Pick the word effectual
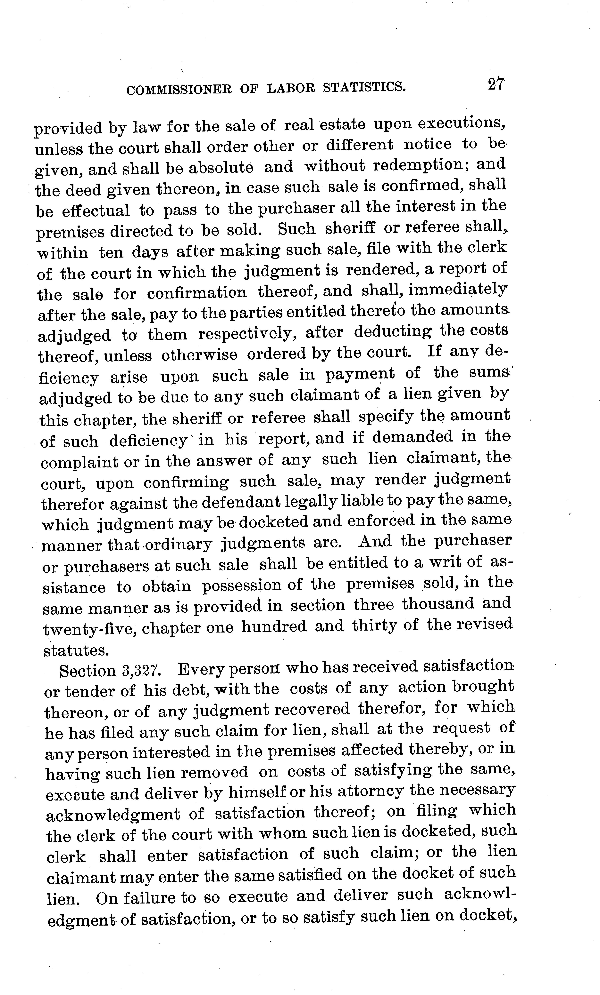point(96,211)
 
